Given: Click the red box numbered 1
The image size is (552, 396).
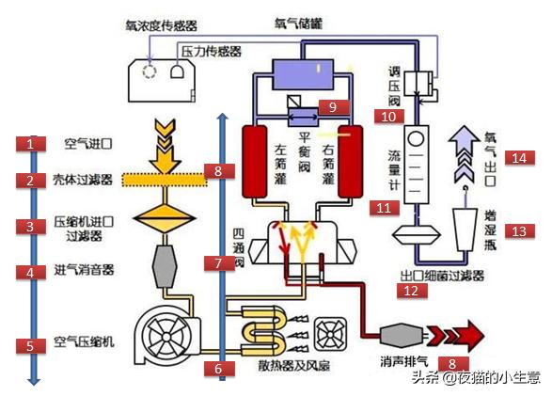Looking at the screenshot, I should (30, 144).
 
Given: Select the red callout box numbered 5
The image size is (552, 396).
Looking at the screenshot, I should (30, 345).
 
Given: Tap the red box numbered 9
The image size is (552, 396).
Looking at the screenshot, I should (332, 106).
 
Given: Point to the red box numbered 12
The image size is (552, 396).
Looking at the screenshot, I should (410, 292).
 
